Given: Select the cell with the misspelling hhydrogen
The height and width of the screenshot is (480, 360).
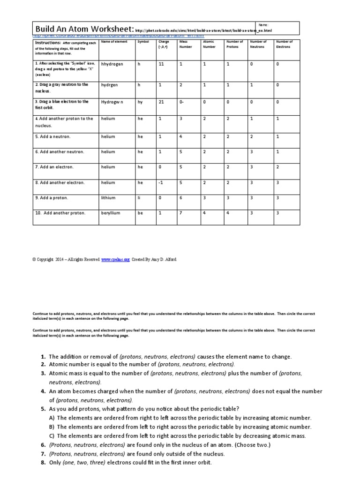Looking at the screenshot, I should pos(112,64).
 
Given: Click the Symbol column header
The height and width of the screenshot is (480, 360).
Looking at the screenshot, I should pos(142,42).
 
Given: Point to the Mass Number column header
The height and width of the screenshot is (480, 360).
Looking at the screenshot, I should pos(183,44).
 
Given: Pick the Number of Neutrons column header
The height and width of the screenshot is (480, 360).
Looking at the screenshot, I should pos(258,44).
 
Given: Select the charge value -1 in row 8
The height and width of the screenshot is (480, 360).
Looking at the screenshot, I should pos(161,183).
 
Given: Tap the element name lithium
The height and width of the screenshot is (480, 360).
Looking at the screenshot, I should pos(108,198).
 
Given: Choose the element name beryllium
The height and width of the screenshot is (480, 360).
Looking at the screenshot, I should pos(111,213).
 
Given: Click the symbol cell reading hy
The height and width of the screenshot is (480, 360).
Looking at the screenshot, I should pos(140,102).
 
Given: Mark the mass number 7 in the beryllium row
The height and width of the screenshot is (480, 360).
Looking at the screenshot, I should pos(180,213).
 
